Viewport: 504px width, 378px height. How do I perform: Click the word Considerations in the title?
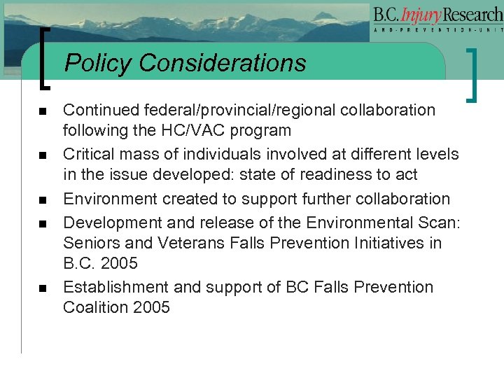click(223, 63)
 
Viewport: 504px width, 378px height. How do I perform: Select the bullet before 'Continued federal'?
click(43, 111)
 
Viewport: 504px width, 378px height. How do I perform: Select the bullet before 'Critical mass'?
click(43, 155)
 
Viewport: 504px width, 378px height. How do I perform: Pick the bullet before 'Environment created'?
click(43, 199)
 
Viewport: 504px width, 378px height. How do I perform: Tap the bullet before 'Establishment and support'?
click(43, 288)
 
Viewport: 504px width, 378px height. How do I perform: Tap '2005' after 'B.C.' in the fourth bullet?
click(118, 264)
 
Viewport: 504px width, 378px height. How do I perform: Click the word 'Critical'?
click(88, 153)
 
